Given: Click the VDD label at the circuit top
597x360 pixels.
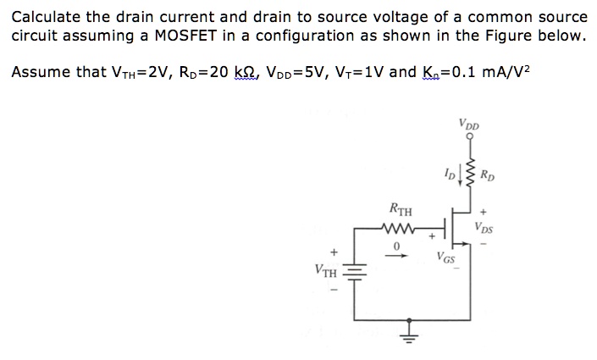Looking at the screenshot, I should point(467,123).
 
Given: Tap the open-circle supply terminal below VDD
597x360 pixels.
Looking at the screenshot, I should point(467,138).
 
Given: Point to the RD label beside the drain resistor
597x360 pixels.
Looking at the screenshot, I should point(487,177).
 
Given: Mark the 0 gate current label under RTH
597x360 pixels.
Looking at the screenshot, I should point(395,245).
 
